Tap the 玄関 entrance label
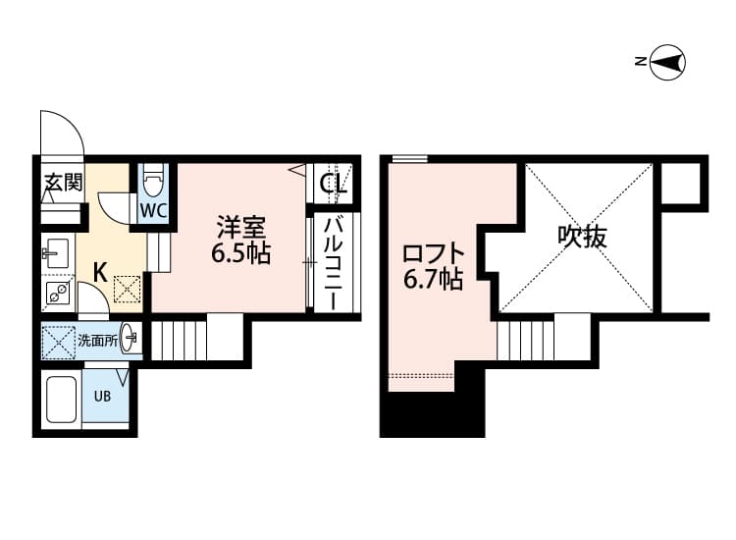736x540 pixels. tap(62, 183)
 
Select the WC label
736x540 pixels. tap(153, 210)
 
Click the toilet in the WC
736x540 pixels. tap(152, 182)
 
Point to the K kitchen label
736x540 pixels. tap(99, 271)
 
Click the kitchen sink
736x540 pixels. tap(54, 253)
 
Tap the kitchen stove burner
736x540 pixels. tap(55, 291)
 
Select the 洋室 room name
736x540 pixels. tap(241, 228)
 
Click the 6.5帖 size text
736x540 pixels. tap(241, 253)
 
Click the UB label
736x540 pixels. tap(102, 397)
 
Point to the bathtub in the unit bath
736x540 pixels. tap(63, 398)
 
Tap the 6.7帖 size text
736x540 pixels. tap(433, 280)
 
